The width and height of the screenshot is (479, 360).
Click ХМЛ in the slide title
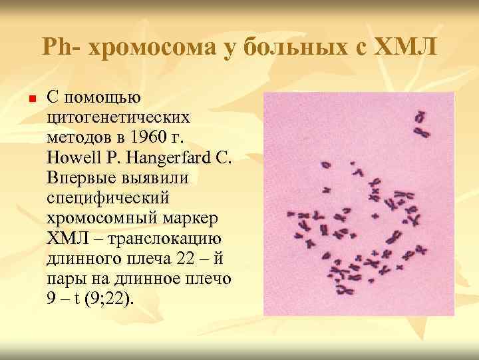(405, 48)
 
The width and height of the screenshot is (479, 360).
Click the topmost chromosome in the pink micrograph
(419, 117)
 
